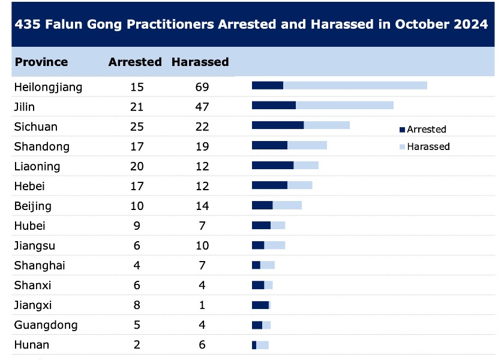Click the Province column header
tap(41, 62)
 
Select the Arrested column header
tap(135, 62)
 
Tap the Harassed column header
tap(200, 62)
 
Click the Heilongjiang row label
tap(48, 87)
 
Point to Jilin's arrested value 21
tap(137, 107)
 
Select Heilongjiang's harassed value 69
tap(202, 87)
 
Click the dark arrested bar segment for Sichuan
tap(278, 125)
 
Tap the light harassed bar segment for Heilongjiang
tap(355, 85)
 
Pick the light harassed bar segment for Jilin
tap(344, 105)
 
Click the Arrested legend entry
tap(422, 129)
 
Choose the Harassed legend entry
tap(424, 146)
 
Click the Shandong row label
tap(41, 146)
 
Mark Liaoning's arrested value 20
tap(137, 166)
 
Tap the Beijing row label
tap(33, 206)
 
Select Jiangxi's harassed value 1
tap(202, 305)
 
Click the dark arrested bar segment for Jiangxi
tap(260, 305)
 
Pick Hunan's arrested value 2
tap(137, 344)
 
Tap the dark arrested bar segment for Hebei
tap(269, 185)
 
